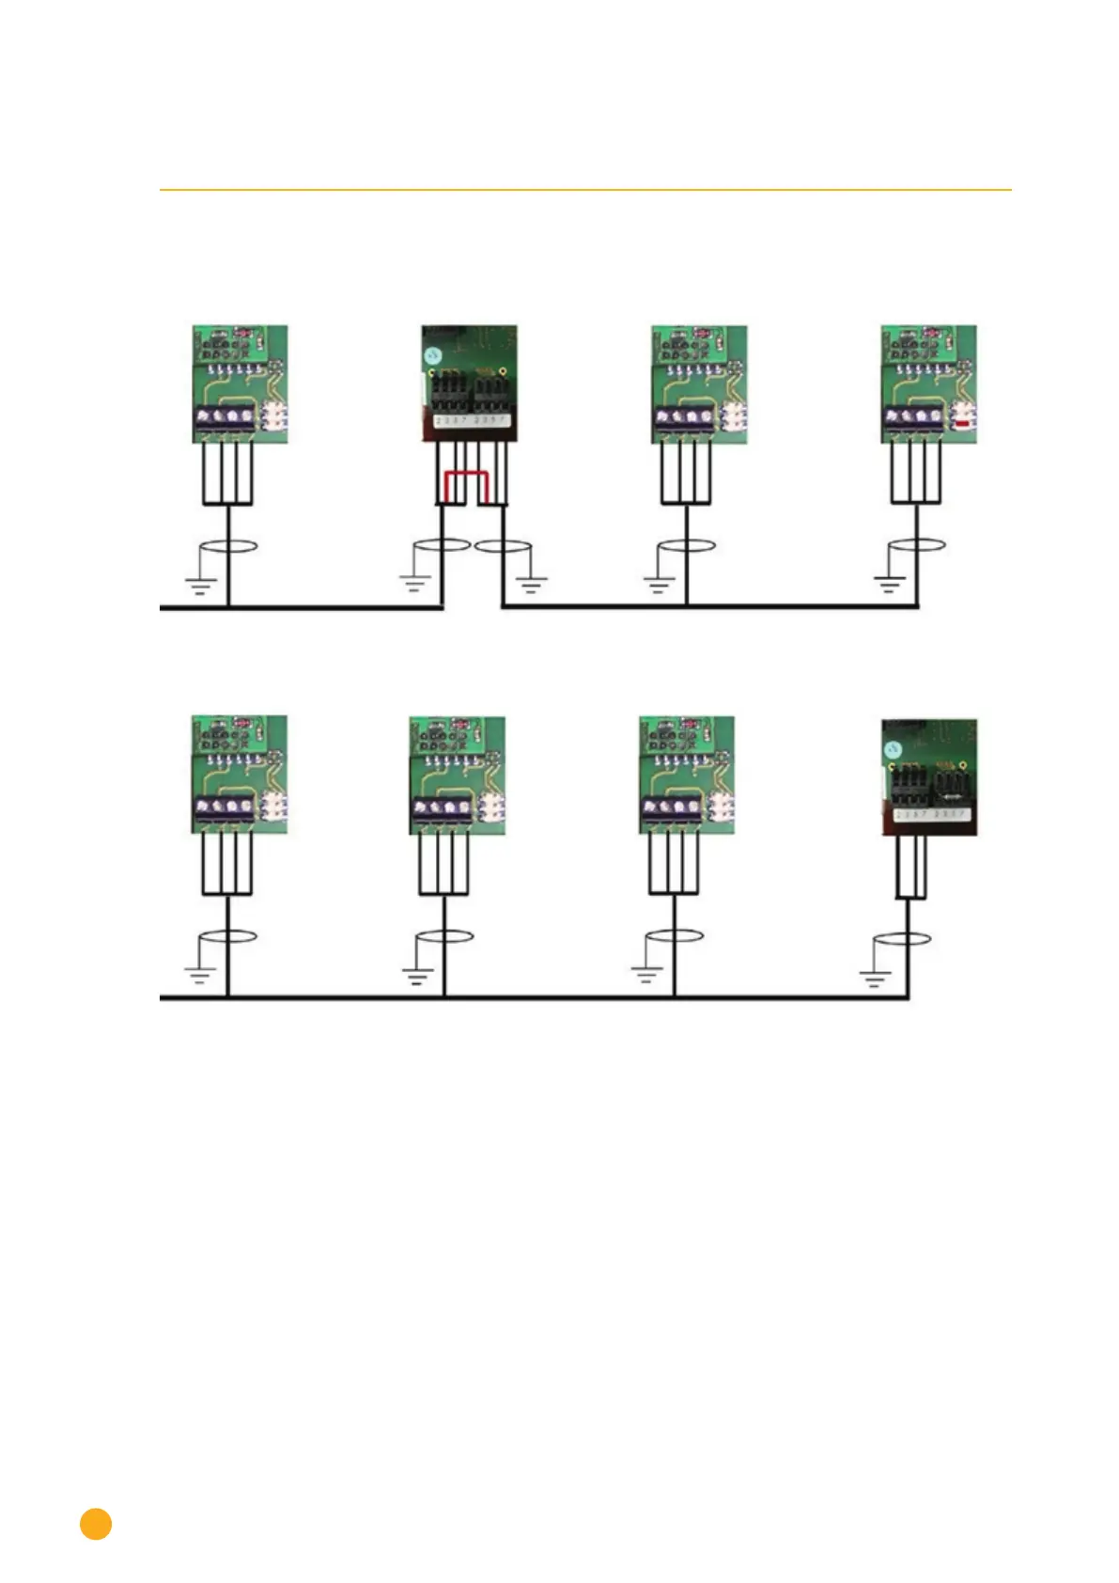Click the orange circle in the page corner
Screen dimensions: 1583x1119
click(x=96, y=1524)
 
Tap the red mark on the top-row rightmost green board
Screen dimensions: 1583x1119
click(x=961, y=424)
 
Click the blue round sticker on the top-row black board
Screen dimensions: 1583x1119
click(x=432, y=356)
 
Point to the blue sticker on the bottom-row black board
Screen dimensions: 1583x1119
click(x=893, y=749)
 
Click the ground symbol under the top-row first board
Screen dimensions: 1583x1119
click(x=200, y=585)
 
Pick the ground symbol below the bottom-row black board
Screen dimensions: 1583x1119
click(x=875, y=978)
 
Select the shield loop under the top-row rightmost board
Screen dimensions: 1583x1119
click(x=917, y=545)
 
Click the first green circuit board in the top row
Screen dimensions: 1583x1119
click(x=241, y=384)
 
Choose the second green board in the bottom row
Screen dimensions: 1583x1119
click(x=457, y=775)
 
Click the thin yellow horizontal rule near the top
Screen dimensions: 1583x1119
click(x=585, y=190)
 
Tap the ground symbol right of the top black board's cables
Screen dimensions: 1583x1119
click(x=532, y=585)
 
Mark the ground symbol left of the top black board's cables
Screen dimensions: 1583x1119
click(x=414, y=583)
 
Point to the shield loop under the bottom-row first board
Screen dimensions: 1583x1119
click(x=227, y=936)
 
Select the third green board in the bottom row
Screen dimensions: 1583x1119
click(x=687, y=775)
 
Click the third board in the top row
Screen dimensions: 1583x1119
click(x=699, y=384)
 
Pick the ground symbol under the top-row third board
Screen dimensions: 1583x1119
click(x=659, y=585)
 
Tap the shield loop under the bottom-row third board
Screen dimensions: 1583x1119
click(x=674, y=936)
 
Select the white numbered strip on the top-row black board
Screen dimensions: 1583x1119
click(x=471, y=419)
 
